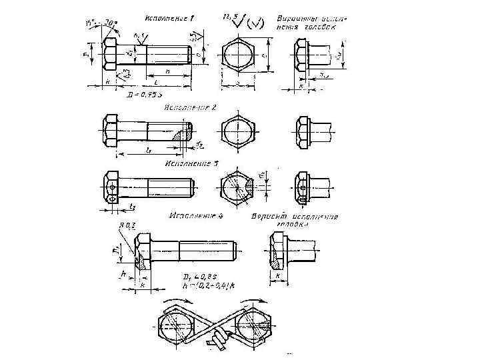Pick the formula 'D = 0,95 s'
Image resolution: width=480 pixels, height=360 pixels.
(153, 95)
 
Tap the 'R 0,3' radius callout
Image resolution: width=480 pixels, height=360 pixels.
(126, 227)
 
